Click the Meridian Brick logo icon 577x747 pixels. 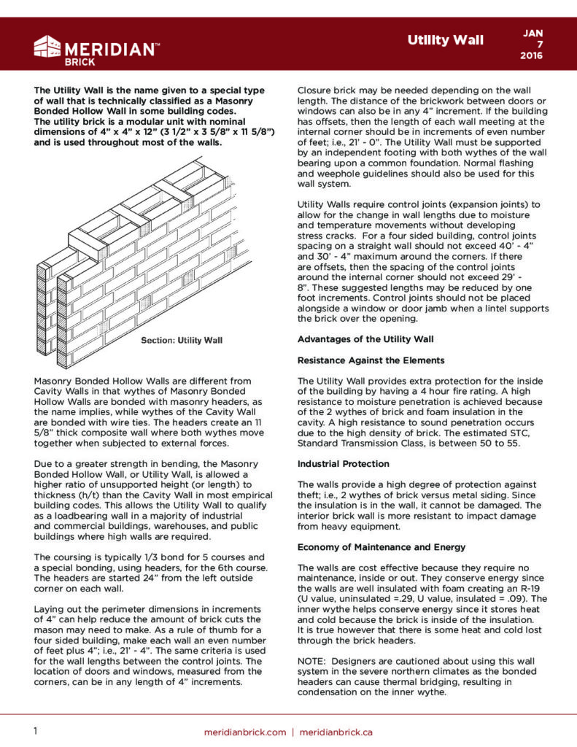[x=47, y=47]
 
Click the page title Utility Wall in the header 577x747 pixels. [x=445, y=40]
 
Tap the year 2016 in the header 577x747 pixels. [x=532, y=56]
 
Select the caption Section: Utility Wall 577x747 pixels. [x=182, y=341]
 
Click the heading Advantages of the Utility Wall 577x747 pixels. [x=365, y=339]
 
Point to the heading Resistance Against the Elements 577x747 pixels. [x=371, y=360]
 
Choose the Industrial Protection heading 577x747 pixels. [x=342, y=463]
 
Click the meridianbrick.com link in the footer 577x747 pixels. [x=245, y=732]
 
